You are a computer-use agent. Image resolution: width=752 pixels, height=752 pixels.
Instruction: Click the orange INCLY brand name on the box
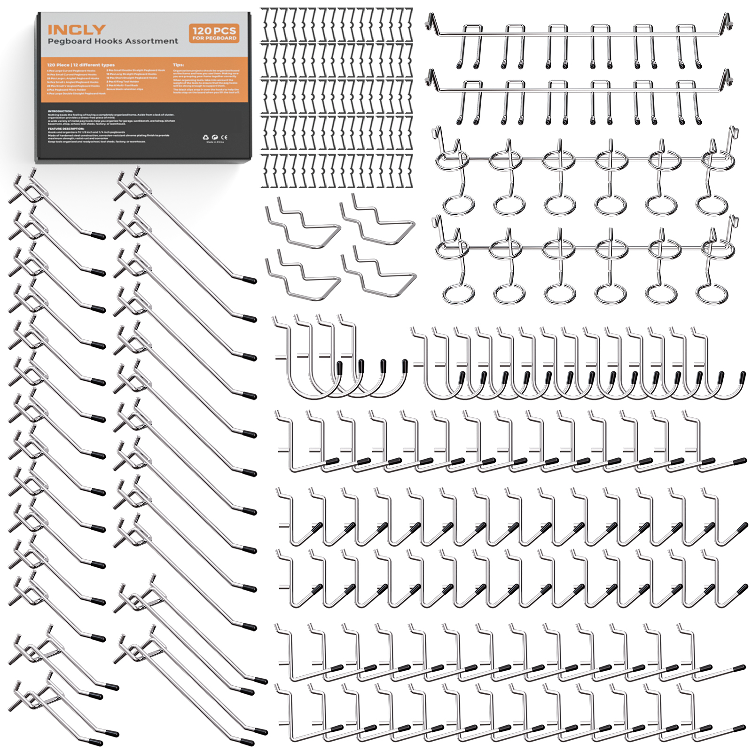(x=76, y=30)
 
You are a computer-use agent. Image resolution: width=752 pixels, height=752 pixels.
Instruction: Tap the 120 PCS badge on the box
(x=214, y=33)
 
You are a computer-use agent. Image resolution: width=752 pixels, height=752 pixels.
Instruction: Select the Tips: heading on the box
(x=178, y=65)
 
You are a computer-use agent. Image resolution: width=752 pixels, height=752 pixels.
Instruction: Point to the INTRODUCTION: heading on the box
(x=60, y=111)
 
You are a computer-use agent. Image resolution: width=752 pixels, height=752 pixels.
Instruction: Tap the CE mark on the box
(x=224, y=137)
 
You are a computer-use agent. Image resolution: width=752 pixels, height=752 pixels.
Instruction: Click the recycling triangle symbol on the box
(x=206, y=137)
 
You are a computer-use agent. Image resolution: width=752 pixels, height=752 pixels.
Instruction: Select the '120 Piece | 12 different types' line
(x=80, y=65)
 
